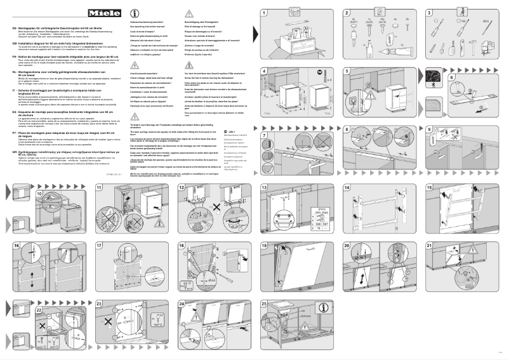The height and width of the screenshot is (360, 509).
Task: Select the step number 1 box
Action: [x=265, y=13]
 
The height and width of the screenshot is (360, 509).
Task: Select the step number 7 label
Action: [x=265, y=118]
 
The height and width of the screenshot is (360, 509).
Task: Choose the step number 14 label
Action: [x=347, y=188]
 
